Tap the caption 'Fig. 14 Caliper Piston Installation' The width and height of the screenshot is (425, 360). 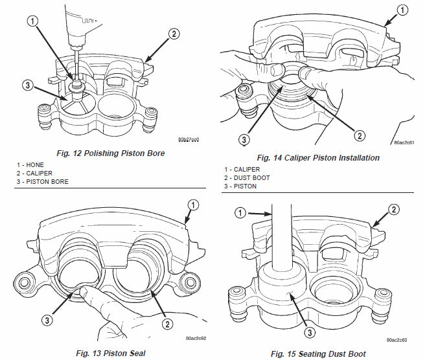pos(318,157)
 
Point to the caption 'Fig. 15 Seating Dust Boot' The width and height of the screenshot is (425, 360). pos(318,354)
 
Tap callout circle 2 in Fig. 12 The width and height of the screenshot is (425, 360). pos(173,34)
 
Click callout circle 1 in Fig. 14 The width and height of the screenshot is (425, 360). pos(402,10)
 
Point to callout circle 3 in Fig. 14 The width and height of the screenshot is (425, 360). pos(245,139)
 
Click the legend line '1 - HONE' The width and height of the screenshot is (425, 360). pos(31,165)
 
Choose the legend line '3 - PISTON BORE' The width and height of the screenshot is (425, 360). pos(43,182)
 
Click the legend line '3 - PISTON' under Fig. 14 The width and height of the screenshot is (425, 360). pos(237,186)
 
